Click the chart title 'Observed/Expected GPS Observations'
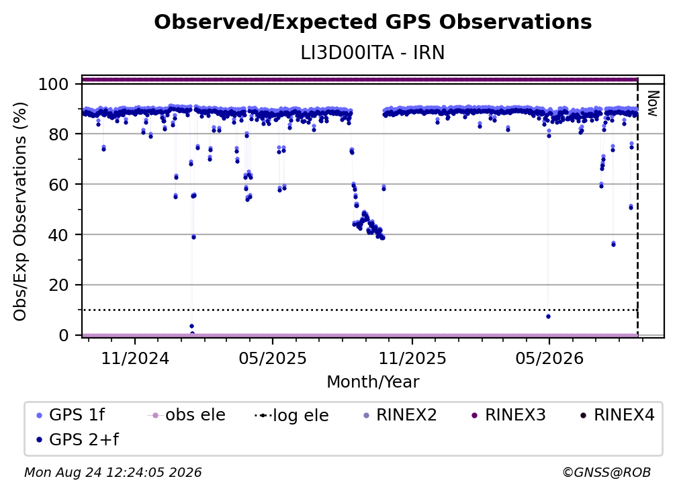click(x=373, y=22)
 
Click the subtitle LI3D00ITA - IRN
click(x=373, y=53)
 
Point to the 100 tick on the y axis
click(x=53, y=84)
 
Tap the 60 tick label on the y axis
click(x=58, y=185)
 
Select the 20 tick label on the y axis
click(x=58, y=285)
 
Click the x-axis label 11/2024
click(x=135, y=358)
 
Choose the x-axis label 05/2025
click(x=273, y=358)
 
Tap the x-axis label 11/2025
click(x=412, y=358)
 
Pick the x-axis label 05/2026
click(x=549, y=358)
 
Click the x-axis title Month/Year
click(x=373, y=382)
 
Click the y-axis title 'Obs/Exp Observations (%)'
click(x=20, y=212)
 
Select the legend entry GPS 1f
click(x=71, y=415)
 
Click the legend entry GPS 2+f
click(x=78, y=439)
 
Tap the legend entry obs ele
click(x=187, y=415)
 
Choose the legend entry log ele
click(x=292, y=415)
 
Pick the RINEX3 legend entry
click(x=508, y=415)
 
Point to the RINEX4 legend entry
click(x=617, y=415)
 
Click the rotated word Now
click(x=653, y=103)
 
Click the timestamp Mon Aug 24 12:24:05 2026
click(x=113, y=472)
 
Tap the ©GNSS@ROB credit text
click(x=606, y=472)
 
